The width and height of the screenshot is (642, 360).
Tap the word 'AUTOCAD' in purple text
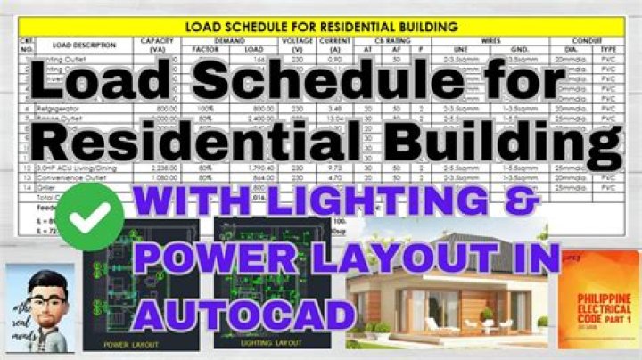coord(240,313)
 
